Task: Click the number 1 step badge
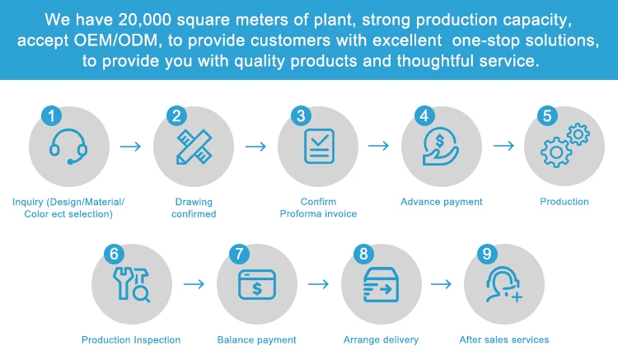point(52,116)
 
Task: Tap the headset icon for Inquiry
point(68,147)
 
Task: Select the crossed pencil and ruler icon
point(194,147)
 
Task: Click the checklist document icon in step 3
point(319,146)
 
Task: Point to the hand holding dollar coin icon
point(440,146)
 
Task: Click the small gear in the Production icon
point(578,134)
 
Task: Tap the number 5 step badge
point(547,116)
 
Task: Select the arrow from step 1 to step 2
point(130,147)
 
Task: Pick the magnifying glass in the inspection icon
point(141,294)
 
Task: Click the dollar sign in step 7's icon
point(257,288)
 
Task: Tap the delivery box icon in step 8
point(381,285)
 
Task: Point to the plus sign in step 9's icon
point(517,297)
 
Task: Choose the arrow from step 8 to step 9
point(441,284)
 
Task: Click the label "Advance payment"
point(442,202)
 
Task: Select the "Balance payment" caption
point(256,340)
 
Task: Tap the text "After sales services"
point(504,340)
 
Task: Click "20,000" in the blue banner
point(145,20)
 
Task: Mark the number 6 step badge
point(114,254)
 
